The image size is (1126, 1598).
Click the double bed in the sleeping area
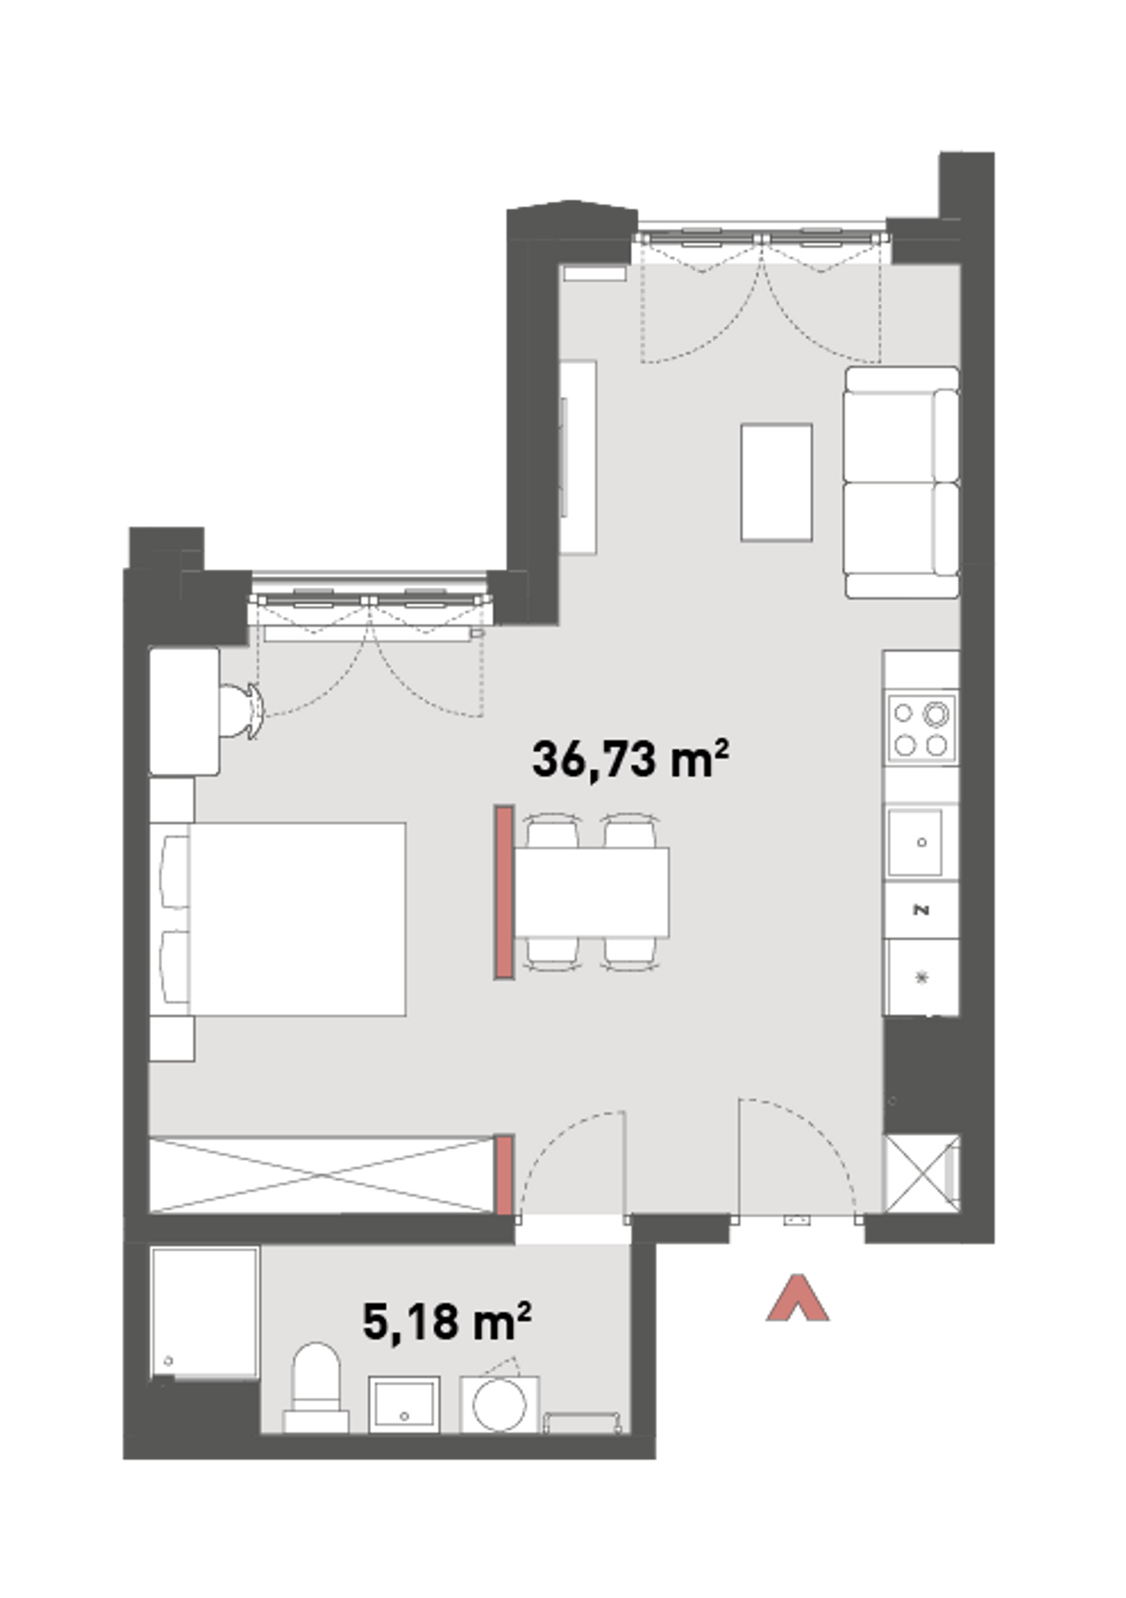click(279, 919)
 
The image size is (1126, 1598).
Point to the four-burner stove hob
click(922, 729)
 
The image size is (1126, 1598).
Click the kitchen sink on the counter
click(916, 842)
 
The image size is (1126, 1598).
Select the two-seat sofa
click(902, 482)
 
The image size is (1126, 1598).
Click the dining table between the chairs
click(591, 892)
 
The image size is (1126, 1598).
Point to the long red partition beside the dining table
click(504, 892)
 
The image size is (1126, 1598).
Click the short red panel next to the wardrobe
click(504, 1176)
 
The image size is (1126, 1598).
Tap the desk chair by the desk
click(241, 710)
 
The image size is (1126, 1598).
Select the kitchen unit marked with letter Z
click(922, 910)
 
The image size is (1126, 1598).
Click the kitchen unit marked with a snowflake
click(922, 977)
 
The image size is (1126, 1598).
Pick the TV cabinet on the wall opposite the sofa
click(578, 457)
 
